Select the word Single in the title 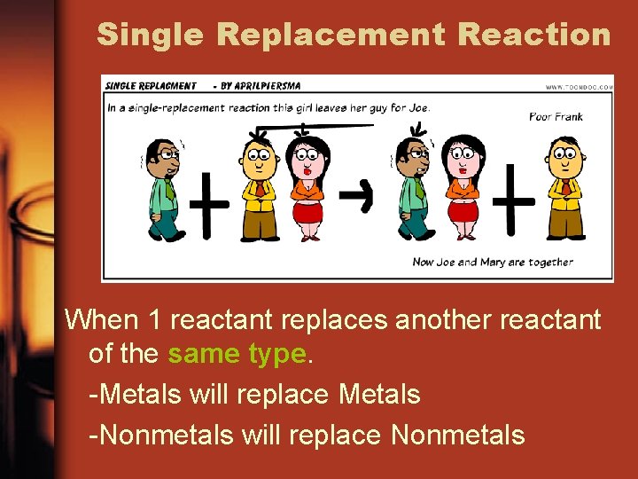151,35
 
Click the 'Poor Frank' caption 556,116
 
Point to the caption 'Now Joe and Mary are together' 493,262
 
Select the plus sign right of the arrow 513,200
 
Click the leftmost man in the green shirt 162,188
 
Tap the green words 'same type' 237,354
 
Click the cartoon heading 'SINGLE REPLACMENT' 151,86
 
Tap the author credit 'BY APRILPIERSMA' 264,86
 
